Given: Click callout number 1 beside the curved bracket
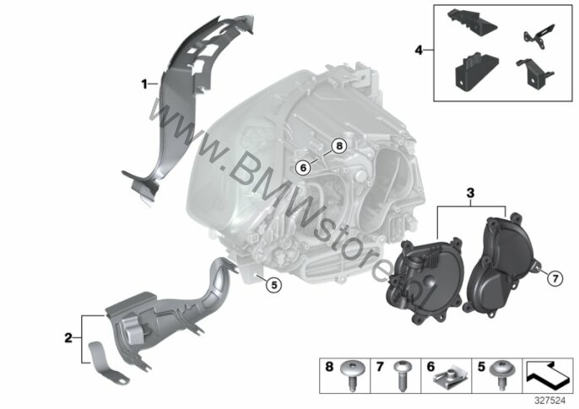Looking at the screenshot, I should click(144, 83).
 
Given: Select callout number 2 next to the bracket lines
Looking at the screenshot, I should click(68, 338).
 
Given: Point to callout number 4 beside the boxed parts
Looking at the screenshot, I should click(418, 51).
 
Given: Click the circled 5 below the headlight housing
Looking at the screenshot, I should click(271, 285).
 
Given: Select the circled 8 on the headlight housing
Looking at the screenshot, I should click(338, 145).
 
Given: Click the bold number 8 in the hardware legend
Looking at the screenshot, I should click(330, 367).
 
